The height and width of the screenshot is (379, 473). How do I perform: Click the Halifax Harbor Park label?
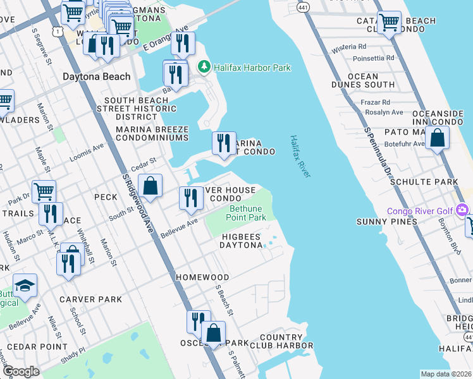click(x=252, y=67)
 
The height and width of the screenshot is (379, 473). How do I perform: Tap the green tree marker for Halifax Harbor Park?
click(x=204, y=66)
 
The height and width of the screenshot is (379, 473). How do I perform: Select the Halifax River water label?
click(x=300, y=156)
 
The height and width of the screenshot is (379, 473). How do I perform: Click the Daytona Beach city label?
click(x=96, y=76)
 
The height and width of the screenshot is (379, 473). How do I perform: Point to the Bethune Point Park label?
click(x=247, y=212)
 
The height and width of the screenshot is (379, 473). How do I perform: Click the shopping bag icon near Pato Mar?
click(x=437, y=137)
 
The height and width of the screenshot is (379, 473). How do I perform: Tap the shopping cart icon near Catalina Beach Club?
click(x=389, y=23)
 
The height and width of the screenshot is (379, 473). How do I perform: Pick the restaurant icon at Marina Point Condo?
click(x=223, y=143)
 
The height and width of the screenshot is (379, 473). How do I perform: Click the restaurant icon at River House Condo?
click(x=191, y=198)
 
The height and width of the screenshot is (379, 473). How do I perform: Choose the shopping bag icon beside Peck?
click(x=150, y=186)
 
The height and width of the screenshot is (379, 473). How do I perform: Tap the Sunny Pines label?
click(x=387, y=222)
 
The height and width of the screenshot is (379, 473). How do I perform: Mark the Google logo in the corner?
click(x=20, y=371)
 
